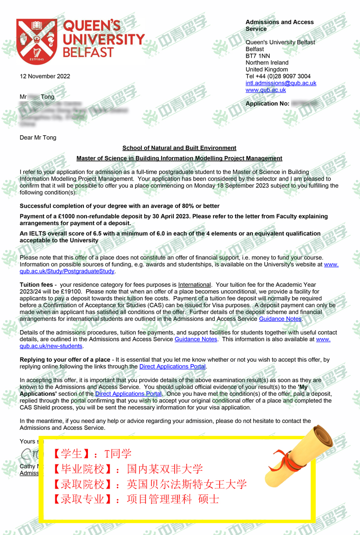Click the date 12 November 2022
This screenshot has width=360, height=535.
45,76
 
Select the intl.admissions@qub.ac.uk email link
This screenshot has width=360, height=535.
281,83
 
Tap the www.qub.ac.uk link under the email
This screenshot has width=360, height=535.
266,90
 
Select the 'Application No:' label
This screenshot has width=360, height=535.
267,104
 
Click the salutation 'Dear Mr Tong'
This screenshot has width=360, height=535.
38,138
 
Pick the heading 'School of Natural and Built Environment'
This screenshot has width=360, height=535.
179,148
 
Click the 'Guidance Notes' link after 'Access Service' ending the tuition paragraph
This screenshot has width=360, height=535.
280,319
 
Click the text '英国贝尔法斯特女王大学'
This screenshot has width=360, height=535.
187,484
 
